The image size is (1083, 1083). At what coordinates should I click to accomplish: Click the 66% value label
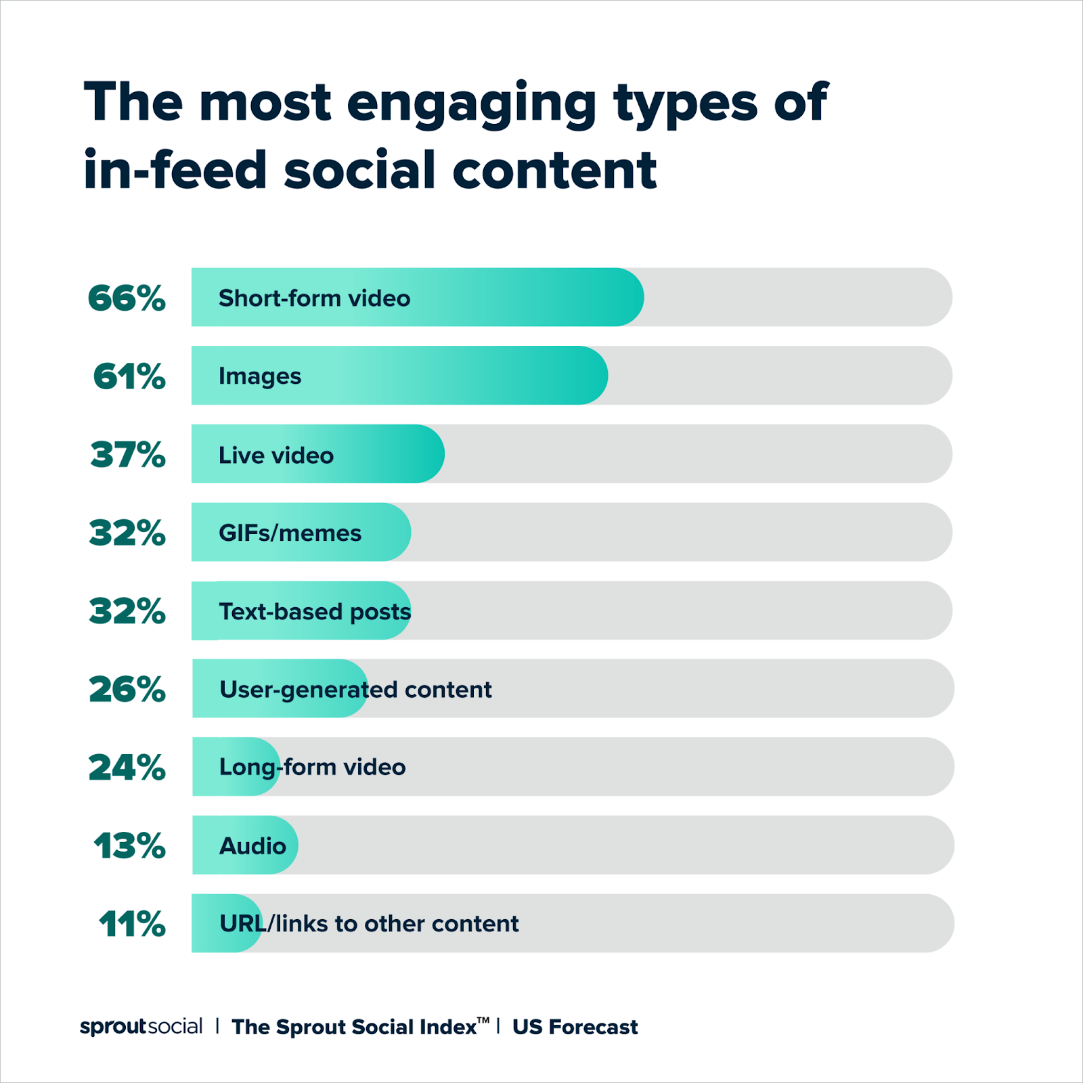tap(127, 298)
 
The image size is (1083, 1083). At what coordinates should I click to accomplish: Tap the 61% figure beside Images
tap(129, 376)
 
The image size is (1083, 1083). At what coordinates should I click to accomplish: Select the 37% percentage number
tap(128, 454)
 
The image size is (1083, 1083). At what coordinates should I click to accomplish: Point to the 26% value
tap(127, 689)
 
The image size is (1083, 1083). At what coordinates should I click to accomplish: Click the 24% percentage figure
tap(127, 768)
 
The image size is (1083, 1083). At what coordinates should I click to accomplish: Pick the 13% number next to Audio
tap(129, 846)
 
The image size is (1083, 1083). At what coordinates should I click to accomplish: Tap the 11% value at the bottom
tap(132, 924)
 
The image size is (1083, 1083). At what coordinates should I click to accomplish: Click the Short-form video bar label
tap(314, 299)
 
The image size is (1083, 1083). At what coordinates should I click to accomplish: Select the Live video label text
tap(275, 456)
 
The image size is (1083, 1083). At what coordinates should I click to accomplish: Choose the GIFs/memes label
tap(290, 533)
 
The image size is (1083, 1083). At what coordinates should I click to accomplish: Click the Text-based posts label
tap(315, 612)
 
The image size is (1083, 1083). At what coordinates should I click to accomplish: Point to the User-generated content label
tap(355, 690)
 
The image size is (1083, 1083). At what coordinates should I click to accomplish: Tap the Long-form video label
tap(312, 768)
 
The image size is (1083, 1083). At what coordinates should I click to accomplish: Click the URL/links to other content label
tap(369, 924)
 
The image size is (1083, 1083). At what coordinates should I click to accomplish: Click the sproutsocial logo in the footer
tap(141, 1027)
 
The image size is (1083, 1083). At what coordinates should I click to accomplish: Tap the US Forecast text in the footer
tap(575, 1027)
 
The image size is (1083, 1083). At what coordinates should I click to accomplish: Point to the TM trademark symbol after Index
tap(483, 1020)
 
